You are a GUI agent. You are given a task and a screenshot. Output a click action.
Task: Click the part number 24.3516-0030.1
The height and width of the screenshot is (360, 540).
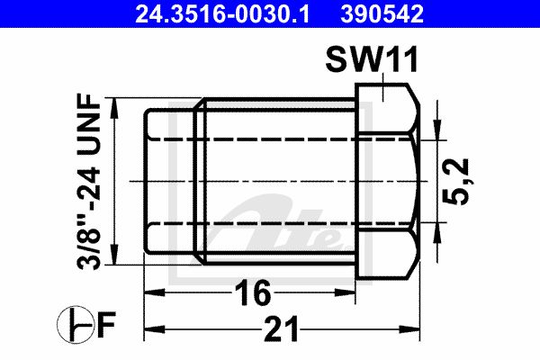click(222, 13)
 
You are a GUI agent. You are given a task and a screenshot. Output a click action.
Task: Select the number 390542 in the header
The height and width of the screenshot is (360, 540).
click(382, 13)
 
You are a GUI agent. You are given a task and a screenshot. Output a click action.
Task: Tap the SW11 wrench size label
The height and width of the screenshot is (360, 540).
click(372, 59)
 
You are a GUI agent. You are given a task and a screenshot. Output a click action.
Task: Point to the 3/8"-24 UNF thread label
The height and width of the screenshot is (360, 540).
click(89, 182)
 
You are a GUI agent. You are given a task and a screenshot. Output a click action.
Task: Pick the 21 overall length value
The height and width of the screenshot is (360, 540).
click(281, 329)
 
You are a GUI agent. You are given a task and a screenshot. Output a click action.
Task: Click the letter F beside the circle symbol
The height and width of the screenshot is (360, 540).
click(106, 324)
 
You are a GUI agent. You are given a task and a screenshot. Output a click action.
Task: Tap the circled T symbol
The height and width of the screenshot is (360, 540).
click(75, 325)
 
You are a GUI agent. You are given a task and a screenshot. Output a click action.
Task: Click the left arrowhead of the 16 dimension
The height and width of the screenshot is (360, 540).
click(154, 292)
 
